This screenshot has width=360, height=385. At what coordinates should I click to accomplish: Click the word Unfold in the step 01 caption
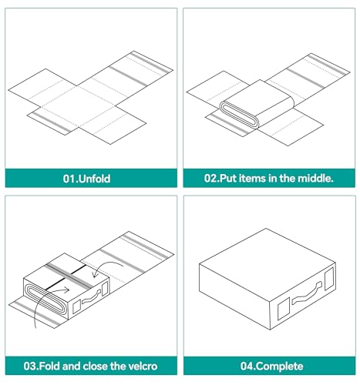[94, 179]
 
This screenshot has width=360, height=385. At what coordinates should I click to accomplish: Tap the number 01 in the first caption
[69, 179]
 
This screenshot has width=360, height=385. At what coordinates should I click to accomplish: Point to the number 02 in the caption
[210, 178]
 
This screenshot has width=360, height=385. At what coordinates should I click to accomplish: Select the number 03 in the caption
[29, 366]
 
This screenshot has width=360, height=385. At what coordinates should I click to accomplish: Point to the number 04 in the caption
[247, 366]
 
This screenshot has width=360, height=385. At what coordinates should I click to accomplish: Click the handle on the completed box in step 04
[307, 293]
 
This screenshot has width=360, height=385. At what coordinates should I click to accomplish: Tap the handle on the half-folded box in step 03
[91, 297]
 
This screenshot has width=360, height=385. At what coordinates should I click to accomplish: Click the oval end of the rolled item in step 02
[238, 114]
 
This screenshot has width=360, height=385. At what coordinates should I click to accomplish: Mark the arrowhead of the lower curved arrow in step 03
[66, 290]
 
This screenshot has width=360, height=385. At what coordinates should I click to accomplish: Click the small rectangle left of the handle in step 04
[284, 310]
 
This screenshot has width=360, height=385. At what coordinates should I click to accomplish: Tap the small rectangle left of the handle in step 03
[76, 306]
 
